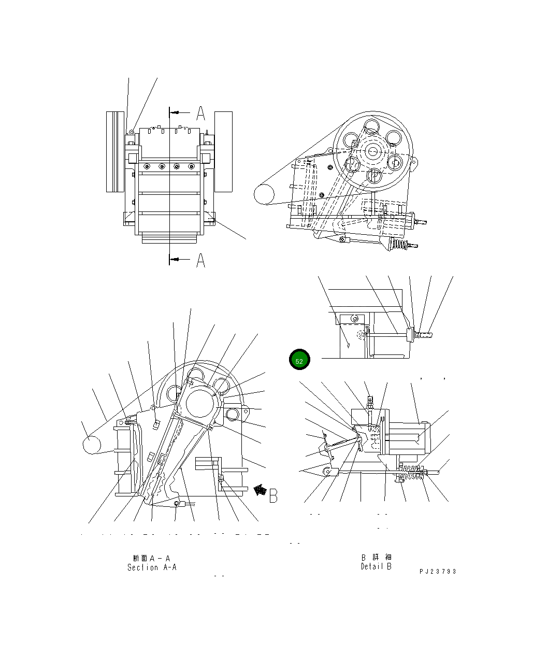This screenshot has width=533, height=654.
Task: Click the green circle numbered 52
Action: click(x=299, y=360)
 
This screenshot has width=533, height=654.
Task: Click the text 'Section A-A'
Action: click(x=152, y=567)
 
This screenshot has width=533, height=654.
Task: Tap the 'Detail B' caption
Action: click(x=376, y=566)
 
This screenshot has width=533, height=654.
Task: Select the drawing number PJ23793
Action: click(x=438, y=572)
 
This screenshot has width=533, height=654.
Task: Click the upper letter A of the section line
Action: click(x=200, y=113)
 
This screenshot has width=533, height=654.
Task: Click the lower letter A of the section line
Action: click(x=200, y=260)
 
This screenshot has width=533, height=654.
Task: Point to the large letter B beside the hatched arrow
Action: click(x=273, y=494)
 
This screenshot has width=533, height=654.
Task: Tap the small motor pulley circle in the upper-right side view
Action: click(x=264, y=194)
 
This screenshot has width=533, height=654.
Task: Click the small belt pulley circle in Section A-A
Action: click(x=92, y=445)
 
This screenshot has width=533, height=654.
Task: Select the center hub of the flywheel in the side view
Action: click(x=373, y=151)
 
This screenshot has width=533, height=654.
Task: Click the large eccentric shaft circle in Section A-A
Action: click(x=201, y=403)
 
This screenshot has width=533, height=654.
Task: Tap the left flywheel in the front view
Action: click(x=115, y=151)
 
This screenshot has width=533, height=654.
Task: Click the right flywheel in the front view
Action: click(x=223, y=151)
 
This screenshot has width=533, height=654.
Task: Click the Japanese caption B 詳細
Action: click(x=376, y=557)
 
